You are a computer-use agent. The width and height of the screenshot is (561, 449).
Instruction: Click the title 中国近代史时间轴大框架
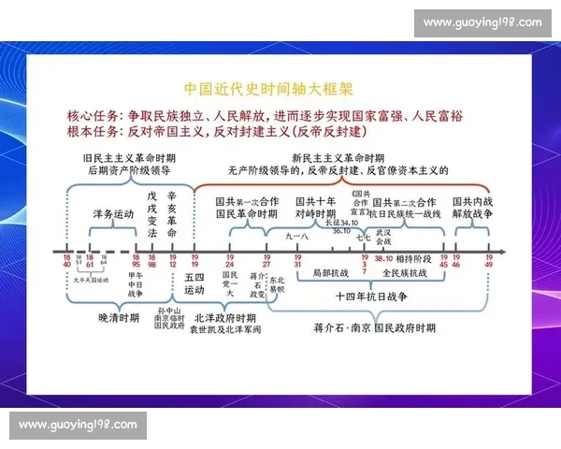pos(267,90)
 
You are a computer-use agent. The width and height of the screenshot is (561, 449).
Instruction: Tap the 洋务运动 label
pos(114,214)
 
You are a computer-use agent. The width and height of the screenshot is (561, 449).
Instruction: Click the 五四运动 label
pos(194,283)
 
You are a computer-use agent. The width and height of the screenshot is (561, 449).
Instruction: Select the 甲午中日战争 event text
pos(137,283)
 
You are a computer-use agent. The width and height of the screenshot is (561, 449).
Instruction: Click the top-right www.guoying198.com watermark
pos(482,22)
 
